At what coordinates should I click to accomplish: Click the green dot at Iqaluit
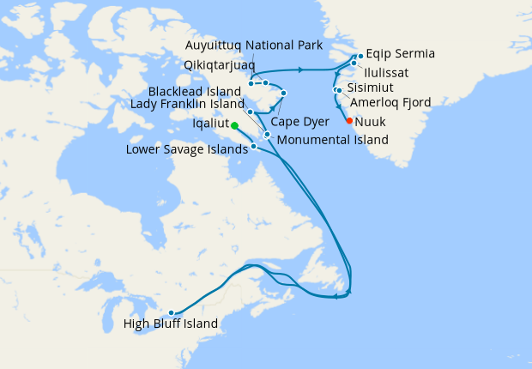click(234, 125)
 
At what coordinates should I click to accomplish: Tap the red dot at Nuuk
click(349, 121)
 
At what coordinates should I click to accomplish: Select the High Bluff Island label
click(171, 324)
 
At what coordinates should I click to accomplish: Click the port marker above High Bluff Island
click(172, 312)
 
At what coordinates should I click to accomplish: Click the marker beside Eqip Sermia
click(360, 55)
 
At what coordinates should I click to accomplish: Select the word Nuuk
click(370, 121)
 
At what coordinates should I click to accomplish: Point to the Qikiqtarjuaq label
click(218, 64)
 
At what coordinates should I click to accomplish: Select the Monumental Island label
click(332, 139)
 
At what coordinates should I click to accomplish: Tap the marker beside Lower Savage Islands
click(254, 147)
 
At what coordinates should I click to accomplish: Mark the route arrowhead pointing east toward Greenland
click(302, 69)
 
